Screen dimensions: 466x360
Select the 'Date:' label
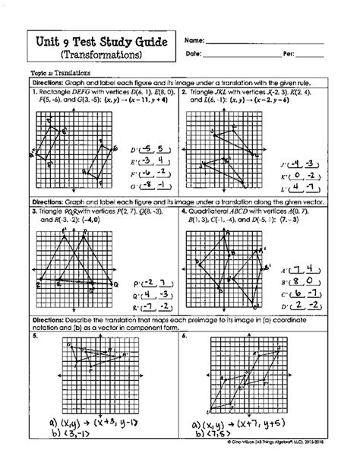194,55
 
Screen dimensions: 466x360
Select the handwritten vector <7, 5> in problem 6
230,438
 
